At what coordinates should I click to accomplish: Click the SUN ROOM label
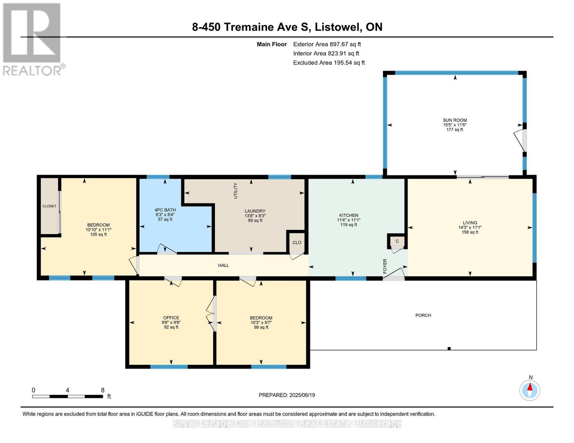coord(455,120)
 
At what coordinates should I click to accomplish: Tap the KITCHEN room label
coord(349,215)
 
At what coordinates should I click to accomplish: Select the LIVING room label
coord(470,223)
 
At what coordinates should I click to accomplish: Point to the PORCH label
coord(423,315)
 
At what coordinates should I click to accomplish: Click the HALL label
coord(224,265)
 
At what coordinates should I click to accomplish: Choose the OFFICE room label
coord(171,318)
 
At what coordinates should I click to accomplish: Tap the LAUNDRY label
coord(255,211)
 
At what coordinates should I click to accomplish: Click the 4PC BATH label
coord(165,210)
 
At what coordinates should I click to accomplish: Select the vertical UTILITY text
coord(235,191)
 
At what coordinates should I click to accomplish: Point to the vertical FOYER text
coord(385,266)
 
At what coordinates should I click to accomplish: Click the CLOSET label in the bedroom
coord(50,206)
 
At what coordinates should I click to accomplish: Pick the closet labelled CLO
coord(297,243)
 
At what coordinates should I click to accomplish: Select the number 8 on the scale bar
coord(103,390)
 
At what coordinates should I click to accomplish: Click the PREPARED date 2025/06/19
coord(302,395)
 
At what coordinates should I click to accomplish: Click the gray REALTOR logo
coord(33,40)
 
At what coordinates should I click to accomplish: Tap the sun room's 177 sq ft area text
coord(455,130)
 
